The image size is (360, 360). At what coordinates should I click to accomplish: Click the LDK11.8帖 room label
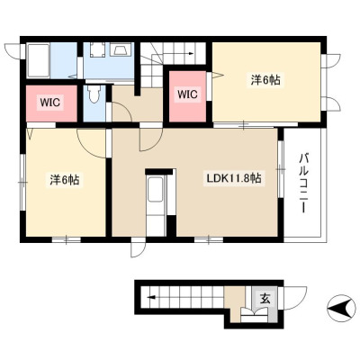234,178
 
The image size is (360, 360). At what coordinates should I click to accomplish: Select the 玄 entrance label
265,299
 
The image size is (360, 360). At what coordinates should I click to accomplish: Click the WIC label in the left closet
50,103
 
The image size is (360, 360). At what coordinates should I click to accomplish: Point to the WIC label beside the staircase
187,94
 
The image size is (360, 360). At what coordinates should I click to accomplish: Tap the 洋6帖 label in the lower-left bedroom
65,180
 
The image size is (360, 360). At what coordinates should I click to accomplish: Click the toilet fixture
94,94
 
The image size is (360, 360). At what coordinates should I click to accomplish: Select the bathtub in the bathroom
39,60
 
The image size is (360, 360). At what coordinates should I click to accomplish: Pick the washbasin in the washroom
121,49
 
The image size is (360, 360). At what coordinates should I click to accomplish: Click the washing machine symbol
97,49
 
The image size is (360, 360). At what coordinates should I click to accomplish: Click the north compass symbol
341,309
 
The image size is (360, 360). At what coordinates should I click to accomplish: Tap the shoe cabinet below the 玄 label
254,316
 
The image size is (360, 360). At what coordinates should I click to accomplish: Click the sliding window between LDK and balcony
281,169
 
